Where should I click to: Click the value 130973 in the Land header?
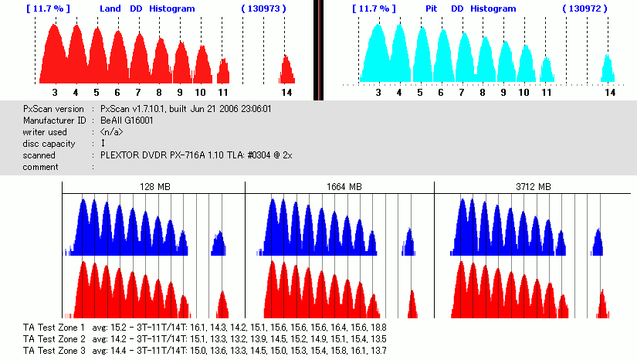pos(264,8)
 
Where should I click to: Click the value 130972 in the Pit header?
pos(588,8)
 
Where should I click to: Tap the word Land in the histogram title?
pos(111,8)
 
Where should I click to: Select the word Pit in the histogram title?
pos(431,8)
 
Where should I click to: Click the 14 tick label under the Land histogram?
pos(286,92)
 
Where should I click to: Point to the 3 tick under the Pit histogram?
pos(378,92)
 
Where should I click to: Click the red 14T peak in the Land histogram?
pos(286,70)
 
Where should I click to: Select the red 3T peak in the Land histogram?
pos(54,54)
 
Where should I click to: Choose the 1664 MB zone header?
pos(340,187)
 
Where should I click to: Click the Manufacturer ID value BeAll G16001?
pos(127,121)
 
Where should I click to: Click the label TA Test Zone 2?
pos(54,338)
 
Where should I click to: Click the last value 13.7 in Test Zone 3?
pos(378,350)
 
